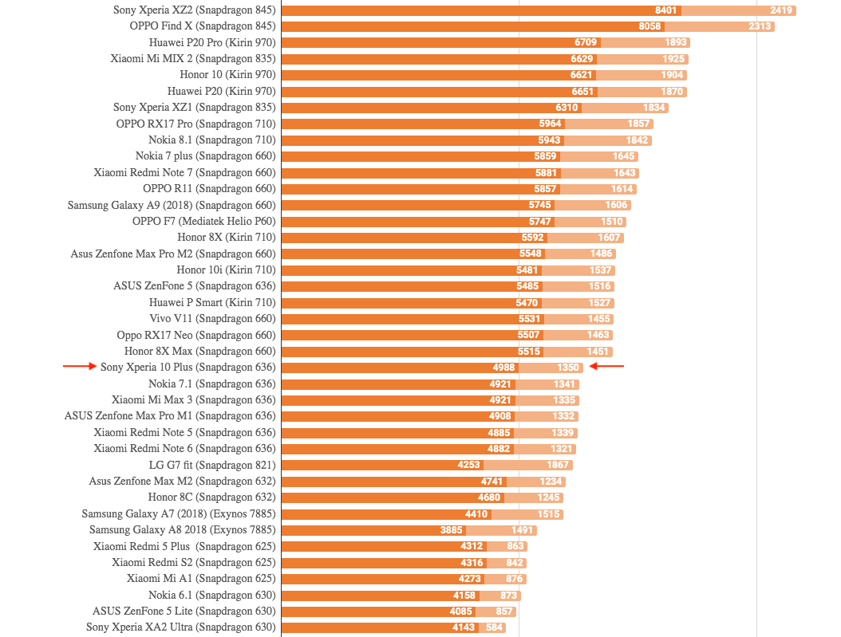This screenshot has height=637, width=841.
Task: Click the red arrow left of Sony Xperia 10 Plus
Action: [79, 367]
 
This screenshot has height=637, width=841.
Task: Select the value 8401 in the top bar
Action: [665, 10]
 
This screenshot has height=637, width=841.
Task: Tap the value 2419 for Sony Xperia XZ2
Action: [781, 10]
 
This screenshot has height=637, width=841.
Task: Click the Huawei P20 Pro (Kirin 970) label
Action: [212, 42]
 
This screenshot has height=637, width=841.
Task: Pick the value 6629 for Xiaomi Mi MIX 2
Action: [582, 59]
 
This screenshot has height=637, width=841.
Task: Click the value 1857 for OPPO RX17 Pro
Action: [638, 124]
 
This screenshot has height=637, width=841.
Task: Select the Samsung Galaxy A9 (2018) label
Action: [172, 205]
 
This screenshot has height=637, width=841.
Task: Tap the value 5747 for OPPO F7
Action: [540, 222]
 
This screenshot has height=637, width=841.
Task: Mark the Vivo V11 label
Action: [212, 319]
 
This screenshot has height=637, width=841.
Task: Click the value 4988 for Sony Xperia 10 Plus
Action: [503, 368]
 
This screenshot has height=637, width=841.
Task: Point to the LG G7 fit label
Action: [212, 465]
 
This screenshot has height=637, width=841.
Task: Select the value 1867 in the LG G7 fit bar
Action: [558, 465]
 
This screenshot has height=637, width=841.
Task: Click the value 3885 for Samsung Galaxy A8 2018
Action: [451, 530]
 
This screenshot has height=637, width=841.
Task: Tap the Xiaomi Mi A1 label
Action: [201, 579]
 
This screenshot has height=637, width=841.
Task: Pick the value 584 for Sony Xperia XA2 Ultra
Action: [495, 627]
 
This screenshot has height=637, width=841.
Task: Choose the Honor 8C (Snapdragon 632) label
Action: [211, 497]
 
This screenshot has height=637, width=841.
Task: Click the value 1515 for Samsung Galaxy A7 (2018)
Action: [548, 514]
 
